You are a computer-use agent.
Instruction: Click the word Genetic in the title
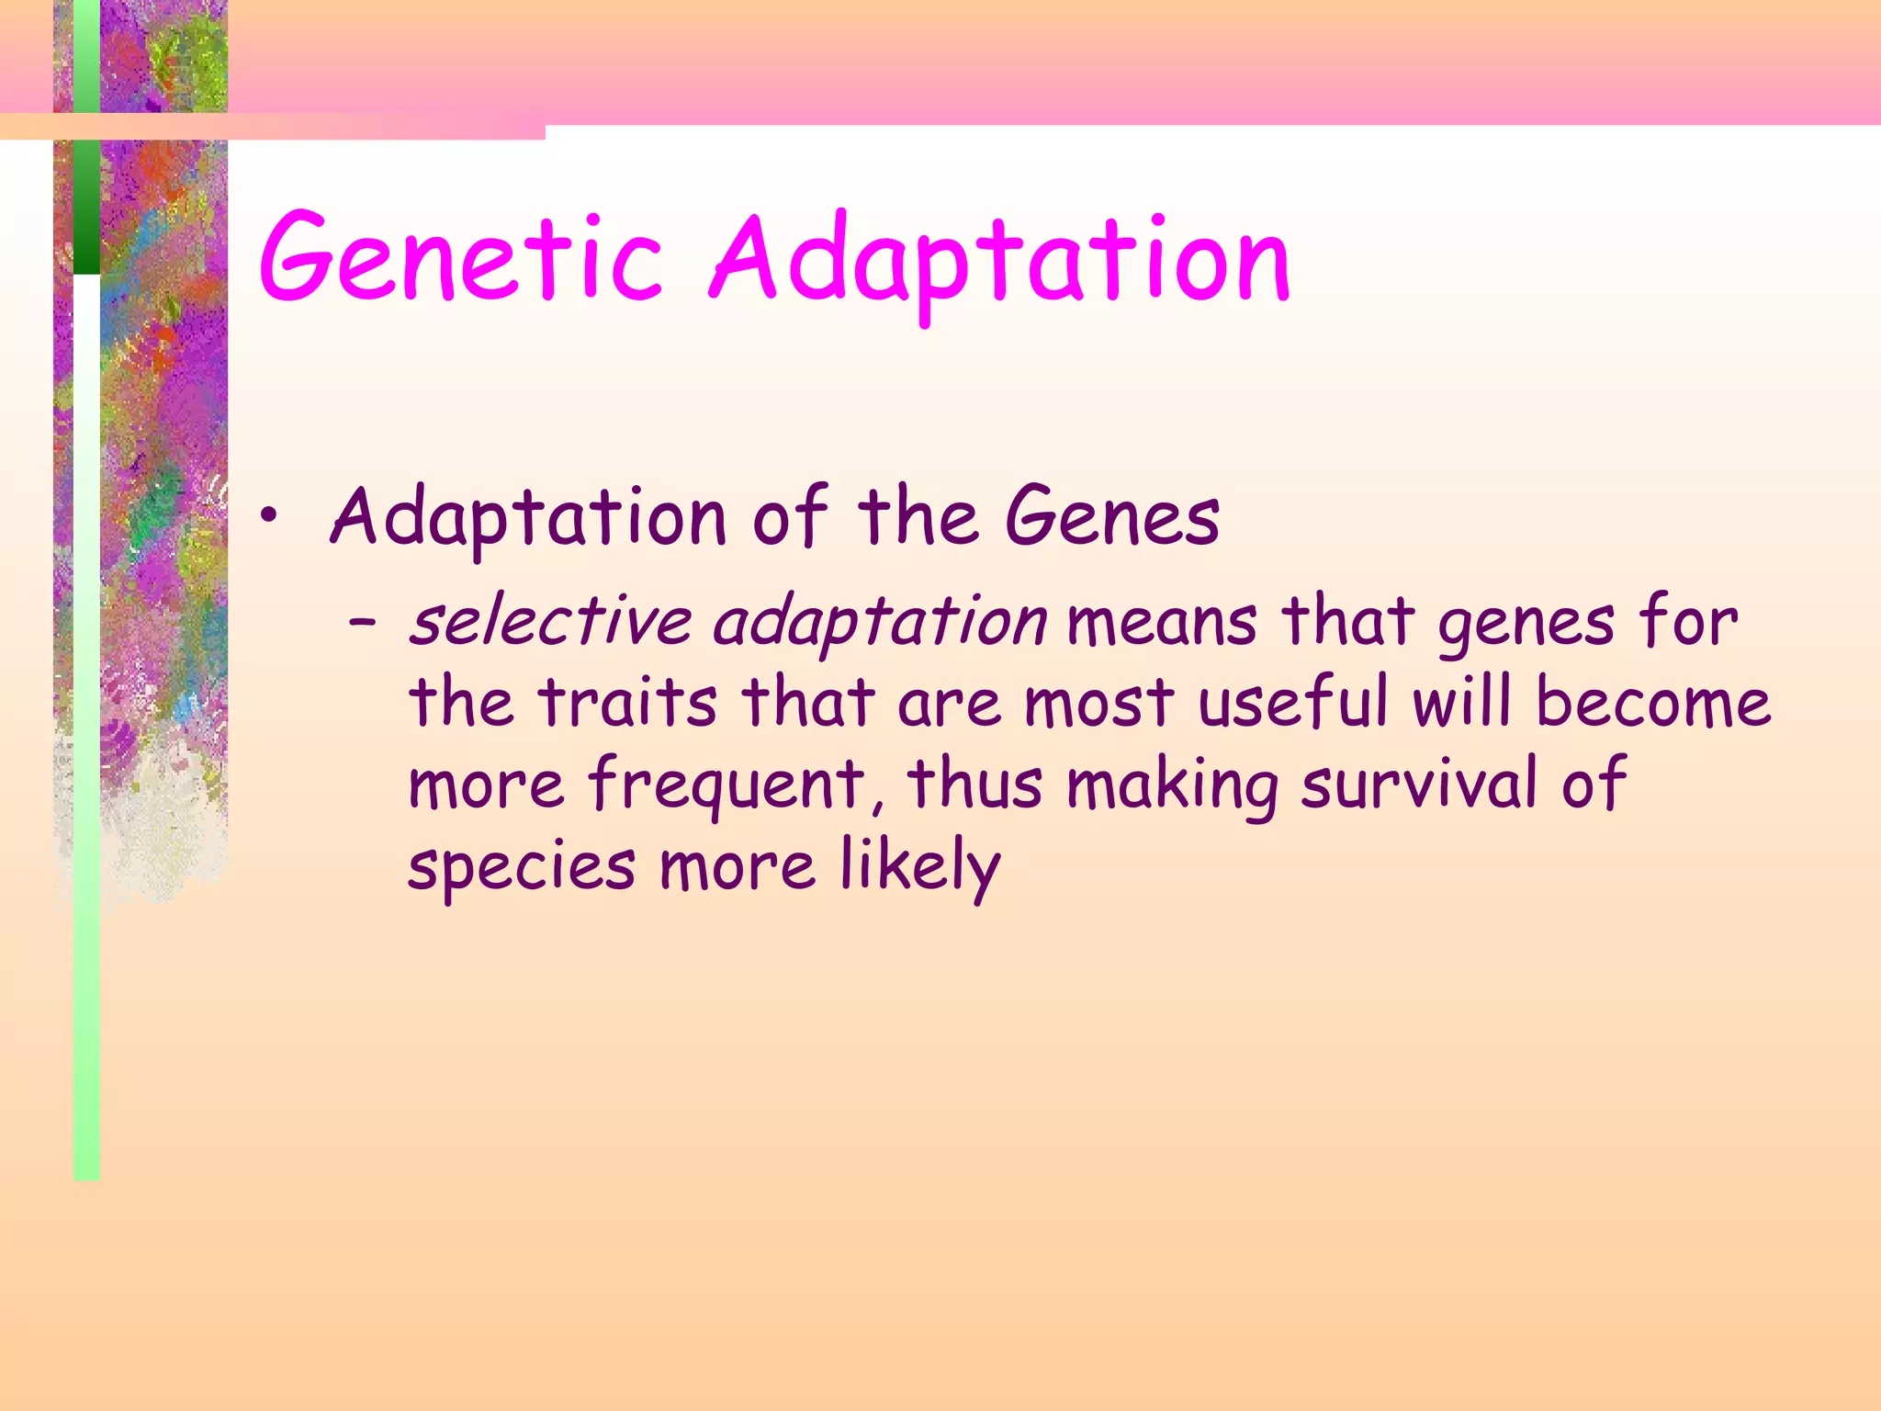click(x=459, y=259)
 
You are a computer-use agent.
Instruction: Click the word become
click(x=1652, y=704)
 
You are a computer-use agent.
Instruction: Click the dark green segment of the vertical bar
click(x=86, y=207)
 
